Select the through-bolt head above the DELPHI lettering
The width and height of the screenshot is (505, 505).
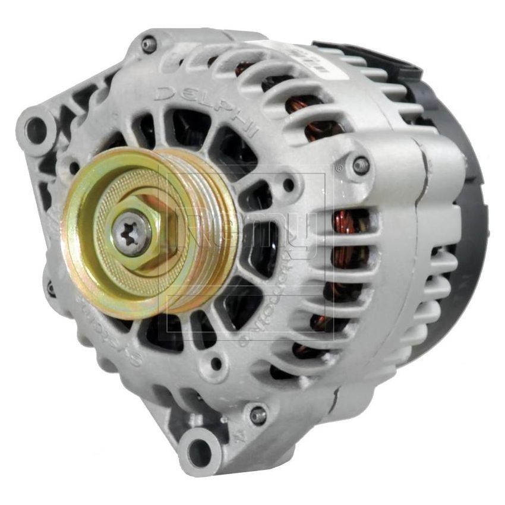click(149, 44)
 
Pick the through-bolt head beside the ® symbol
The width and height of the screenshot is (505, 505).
click(360, 165)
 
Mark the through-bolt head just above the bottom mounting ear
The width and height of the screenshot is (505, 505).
click(257, 415)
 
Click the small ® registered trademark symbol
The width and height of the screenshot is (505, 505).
click(339, 169)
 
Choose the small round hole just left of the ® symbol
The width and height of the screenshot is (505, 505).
click(289, 185)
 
